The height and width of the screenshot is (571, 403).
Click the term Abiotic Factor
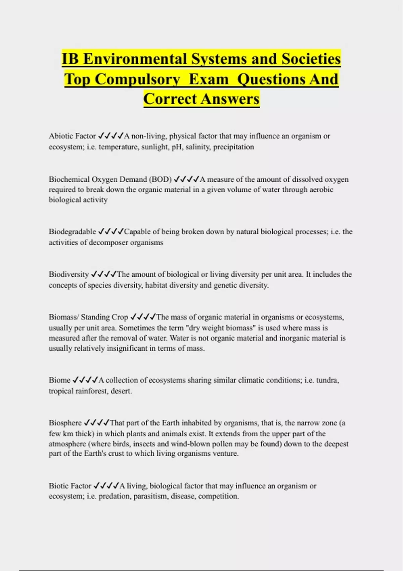click(72, 136)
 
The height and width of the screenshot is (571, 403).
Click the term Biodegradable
click(72, 232)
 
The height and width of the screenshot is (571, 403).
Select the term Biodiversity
click(69, 274)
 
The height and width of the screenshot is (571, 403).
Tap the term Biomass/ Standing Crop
click(88, 317)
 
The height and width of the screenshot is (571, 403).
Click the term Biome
click(59, 380)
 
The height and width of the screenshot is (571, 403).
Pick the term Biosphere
click(65, 423)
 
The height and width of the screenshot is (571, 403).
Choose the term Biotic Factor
click(70, 486)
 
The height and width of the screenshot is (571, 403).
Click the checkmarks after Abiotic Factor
click(110, 136)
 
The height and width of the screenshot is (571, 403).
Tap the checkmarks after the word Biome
click(85, 380)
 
